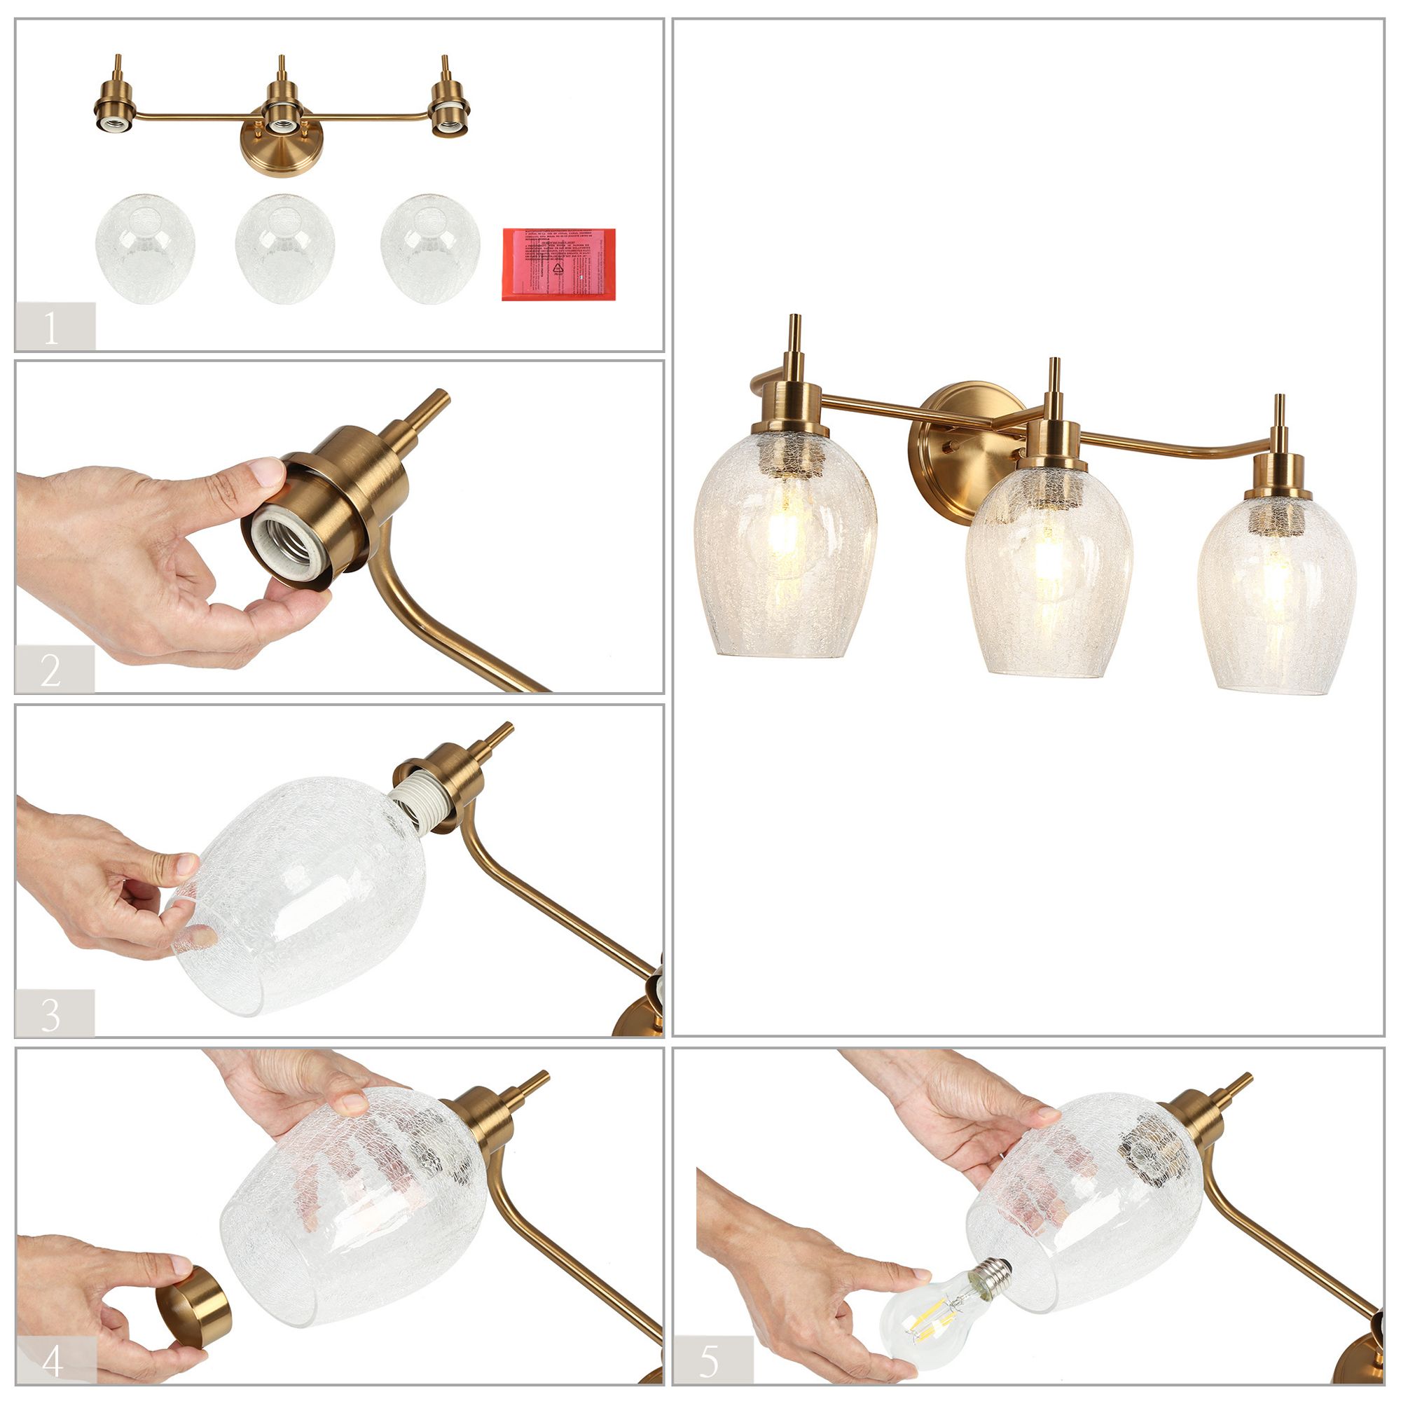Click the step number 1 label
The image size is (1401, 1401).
pyautogui.click(x=53, y=327)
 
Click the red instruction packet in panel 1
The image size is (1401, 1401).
pyautogui.click(x=558, y=264)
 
